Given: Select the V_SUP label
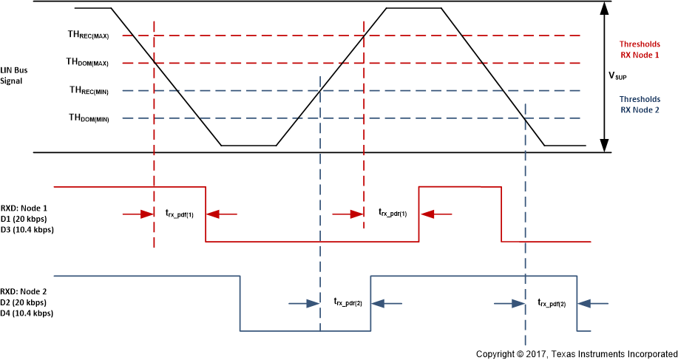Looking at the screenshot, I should coord(620,75).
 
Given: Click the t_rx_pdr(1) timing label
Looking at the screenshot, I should coord(393,214).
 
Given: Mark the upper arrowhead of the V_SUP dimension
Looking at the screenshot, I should coord(606,7).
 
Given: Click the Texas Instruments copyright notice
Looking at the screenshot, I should coord(575,354).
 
